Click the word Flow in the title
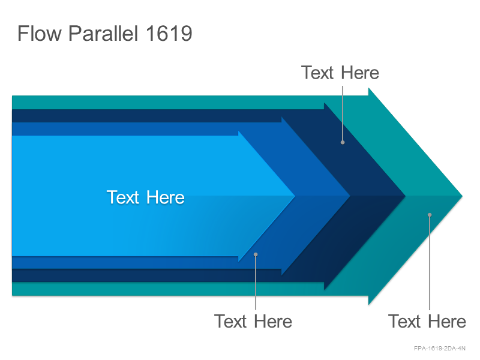coord(40,33)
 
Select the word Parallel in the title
coord(103,33)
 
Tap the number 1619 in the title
coord(169,34)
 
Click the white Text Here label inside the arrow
coord(145,197)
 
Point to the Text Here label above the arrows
coord(340,73)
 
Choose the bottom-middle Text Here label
coord(253,322)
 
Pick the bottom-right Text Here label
coord(427,322)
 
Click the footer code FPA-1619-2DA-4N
coord(440,349)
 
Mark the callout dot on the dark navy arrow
coord(343,142)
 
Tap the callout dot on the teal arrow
coord(430,215)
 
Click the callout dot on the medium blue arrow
coord(256,254)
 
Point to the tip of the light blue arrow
coord(295,196)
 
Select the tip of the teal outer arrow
coord(462,196)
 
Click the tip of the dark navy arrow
coord(406,196)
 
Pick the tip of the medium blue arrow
coord(350,196)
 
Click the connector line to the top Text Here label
coord(343,114)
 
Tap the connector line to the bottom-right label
coord(430,262)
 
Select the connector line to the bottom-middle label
coord(256,282)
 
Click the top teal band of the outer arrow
coord(190,102)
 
